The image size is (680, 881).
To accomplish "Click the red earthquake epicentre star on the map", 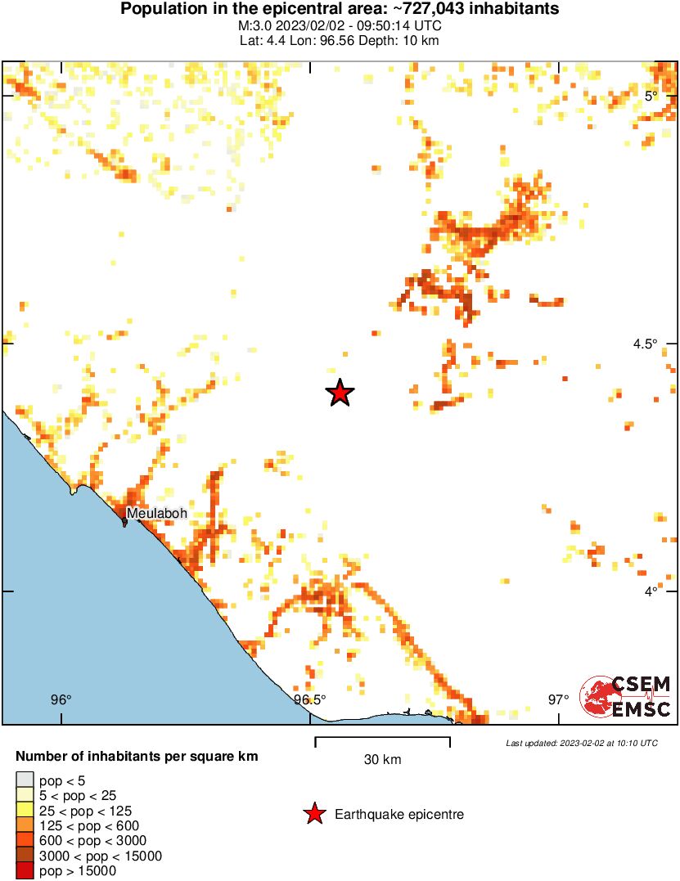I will click(x=340, y=393).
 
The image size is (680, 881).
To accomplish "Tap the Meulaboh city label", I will click(x=156, y=513).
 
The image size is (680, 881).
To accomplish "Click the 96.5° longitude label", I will click(x=310, y=699).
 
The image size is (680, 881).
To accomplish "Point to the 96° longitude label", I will click(x=61, y=699).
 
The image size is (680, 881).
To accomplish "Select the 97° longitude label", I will click(x=559, y=699).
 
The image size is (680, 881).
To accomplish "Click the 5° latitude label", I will click(x=651, y=96).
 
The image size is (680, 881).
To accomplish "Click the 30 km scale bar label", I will click(x=382, y=760).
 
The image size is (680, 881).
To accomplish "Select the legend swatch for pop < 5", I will click(x=25, y=780).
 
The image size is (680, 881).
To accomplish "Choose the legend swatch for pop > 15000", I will click(x=25, y=871).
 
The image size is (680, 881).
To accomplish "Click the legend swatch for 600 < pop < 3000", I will click(x=25, y=841).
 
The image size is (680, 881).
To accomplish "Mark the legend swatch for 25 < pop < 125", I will click(x=25, y=811).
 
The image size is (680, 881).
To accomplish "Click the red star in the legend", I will click(x=313, y=814).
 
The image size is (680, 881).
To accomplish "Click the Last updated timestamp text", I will click(x=582, y=743).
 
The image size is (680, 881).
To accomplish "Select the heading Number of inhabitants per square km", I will click(x=137, y=757).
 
